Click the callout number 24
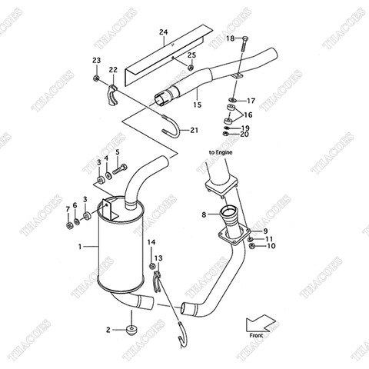coord(163,32)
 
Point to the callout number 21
coord(194,129)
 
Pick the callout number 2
coord(108,331)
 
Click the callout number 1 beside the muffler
coord(79,247)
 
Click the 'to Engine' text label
coord(220,152)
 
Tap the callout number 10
coord(271,246)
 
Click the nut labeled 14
coord(151,255)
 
